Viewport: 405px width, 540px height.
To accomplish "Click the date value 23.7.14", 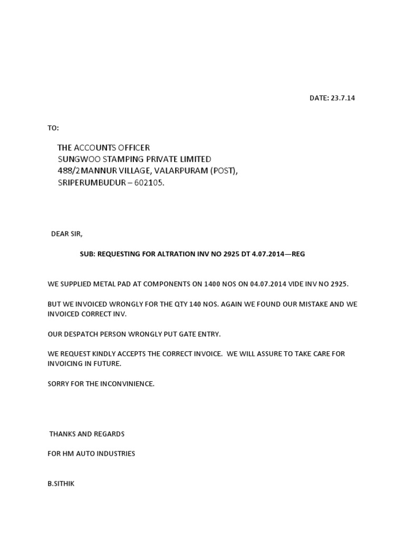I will tap(343, 98).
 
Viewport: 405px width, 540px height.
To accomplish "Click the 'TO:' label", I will tap(53, 128).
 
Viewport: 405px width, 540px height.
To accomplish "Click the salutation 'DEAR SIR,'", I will tap(67, 234).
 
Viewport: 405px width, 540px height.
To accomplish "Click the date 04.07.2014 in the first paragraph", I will tap(269, 284).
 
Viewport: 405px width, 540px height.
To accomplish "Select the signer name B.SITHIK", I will tap(61, 483).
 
